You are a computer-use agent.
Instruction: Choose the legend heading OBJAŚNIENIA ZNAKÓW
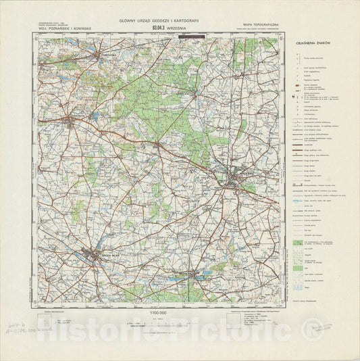311,43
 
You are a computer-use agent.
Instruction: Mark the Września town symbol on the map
234,181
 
